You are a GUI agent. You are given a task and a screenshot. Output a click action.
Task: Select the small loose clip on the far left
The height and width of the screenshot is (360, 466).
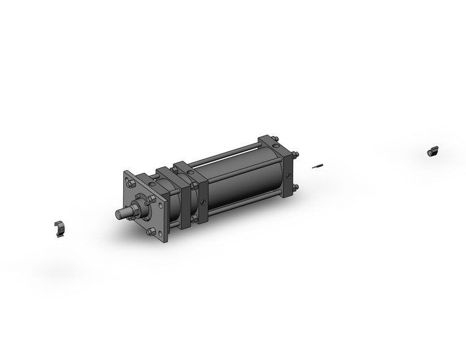click(x=58, y=229)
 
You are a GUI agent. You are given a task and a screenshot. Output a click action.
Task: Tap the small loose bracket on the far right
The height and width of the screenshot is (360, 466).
click(x=433, y=151)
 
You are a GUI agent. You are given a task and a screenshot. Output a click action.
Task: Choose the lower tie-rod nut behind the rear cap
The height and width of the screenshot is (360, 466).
click(x=295, y=188)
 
